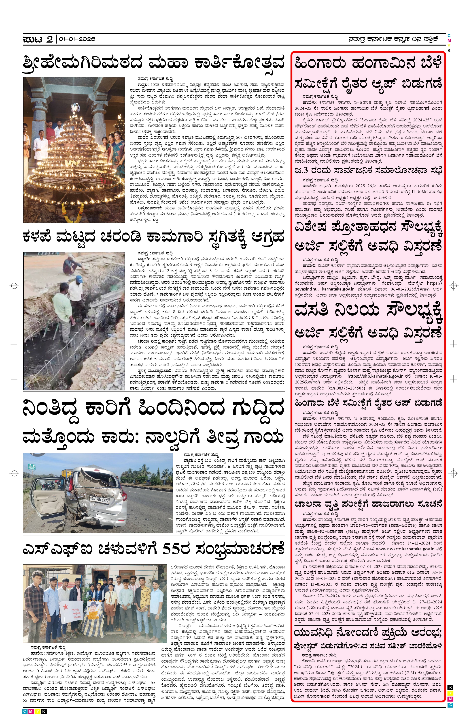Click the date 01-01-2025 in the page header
pos(77,39)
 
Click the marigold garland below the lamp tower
pos(73,211)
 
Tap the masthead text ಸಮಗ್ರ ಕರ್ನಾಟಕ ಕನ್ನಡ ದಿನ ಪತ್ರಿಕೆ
pos(393,39)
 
